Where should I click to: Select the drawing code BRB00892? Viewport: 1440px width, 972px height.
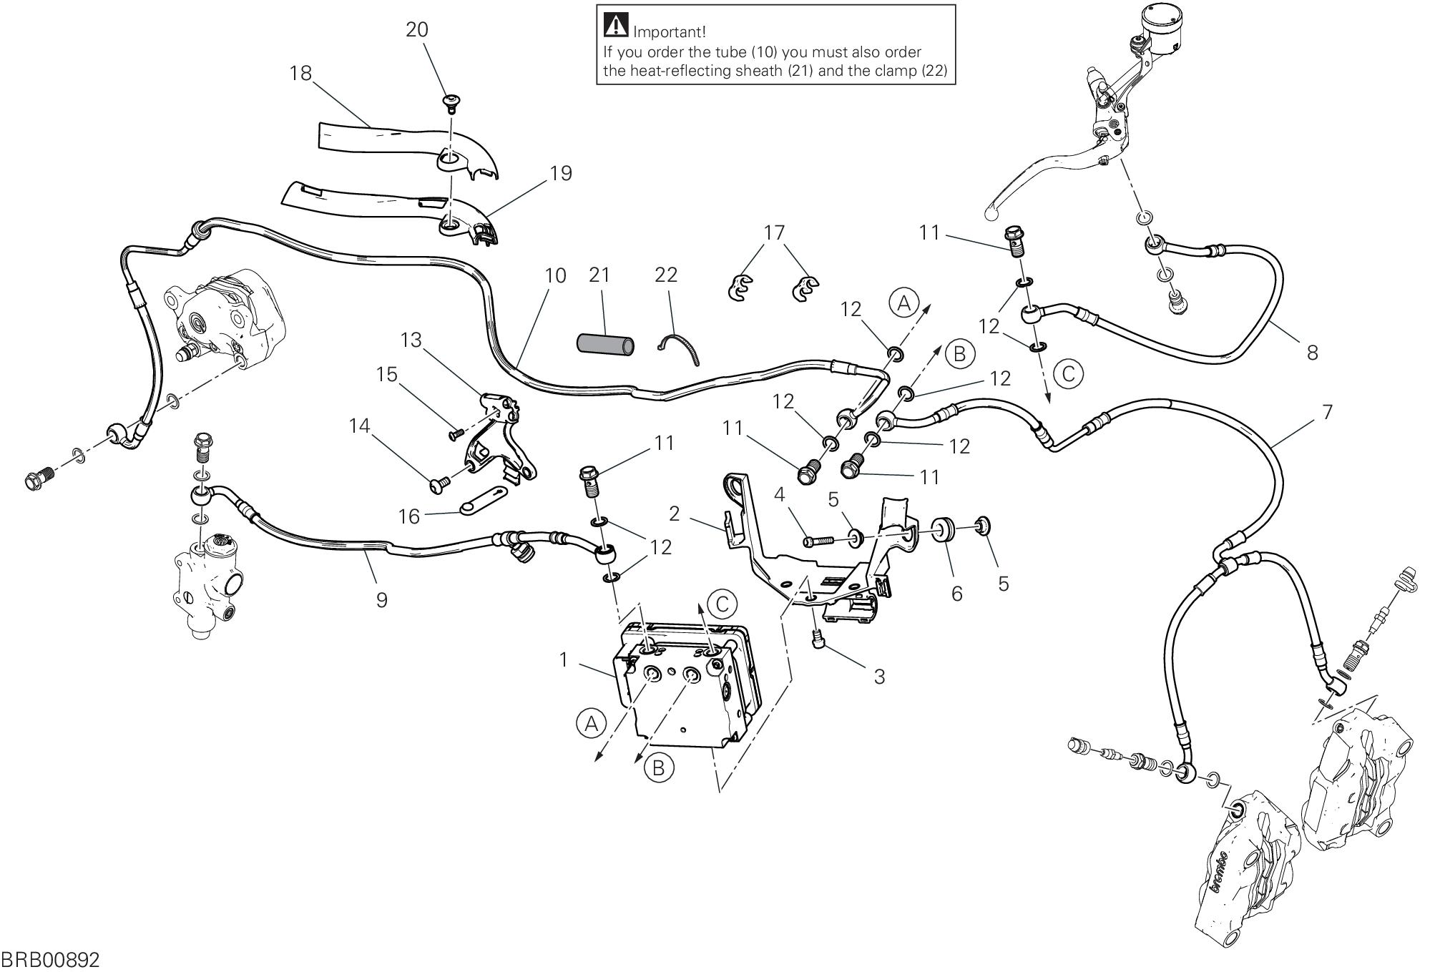[x=50, y=960]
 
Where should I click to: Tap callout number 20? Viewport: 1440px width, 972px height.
[x=417, y=30]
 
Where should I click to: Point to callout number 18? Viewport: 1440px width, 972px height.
[x=301, y=73]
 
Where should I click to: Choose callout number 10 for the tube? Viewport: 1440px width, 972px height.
[x=555, y=275]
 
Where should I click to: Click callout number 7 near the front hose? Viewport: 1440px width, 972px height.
[x=1327, y=412]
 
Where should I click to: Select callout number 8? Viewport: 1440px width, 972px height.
[x=1312, y=353]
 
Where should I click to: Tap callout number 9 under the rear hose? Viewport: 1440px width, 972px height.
[x=381, y=599]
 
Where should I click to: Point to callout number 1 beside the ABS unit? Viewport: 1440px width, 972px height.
[x=564, y=659]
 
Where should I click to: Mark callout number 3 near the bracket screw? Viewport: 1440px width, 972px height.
[x=879, y=676]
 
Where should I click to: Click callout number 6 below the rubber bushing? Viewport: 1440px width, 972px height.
[x=956, y=593]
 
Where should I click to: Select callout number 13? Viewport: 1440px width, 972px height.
[x=411, y=340]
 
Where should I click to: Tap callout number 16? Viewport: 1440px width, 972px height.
[x=408, y=516]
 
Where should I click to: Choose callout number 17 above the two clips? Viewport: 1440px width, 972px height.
[x=774, y=233]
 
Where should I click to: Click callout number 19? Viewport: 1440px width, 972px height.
[x=562, y=174]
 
